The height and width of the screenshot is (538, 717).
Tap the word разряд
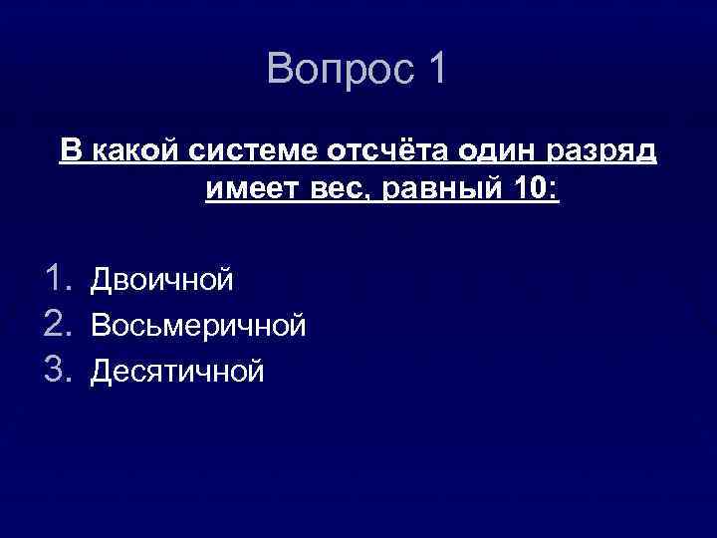[x=601, y=151]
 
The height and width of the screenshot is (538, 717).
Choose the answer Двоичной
[x=162, y=281]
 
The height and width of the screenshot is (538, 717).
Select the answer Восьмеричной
[x=198, y=326]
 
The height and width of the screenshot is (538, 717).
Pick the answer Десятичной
[x=177, y=372]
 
